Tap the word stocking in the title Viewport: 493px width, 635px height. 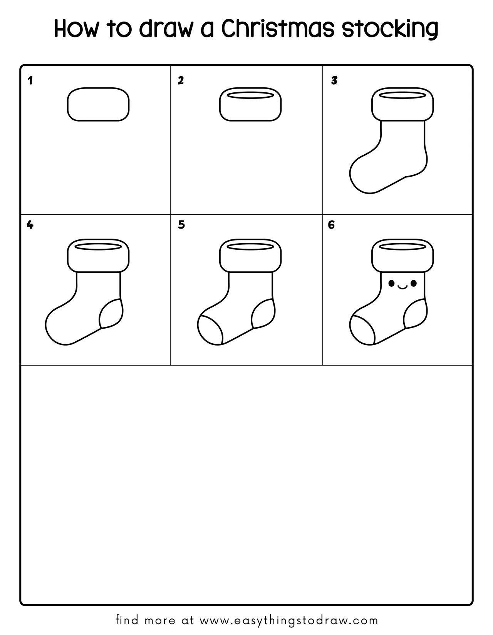point(390,29)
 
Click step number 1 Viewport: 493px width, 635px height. point(30,80)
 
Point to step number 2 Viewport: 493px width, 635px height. point(181,80)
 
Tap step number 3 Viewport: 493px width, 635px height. point(334,80)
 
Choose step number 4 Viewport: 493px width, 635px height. point(30,225)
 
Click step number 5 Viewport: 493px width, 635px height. point(181,225)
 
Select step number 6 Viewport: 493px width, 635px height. point(331,225)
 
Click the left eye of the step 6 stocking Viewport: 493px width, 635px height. point(392,283)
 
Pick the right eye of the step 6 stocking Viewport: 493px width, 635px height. point(414,283)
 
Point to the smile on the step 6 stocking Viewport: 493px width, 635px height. point(402,288)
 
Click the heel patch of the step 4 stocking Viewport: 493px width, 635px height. point(111,313)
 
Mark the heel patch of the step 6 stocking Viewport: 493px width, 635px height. point(416,313)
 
